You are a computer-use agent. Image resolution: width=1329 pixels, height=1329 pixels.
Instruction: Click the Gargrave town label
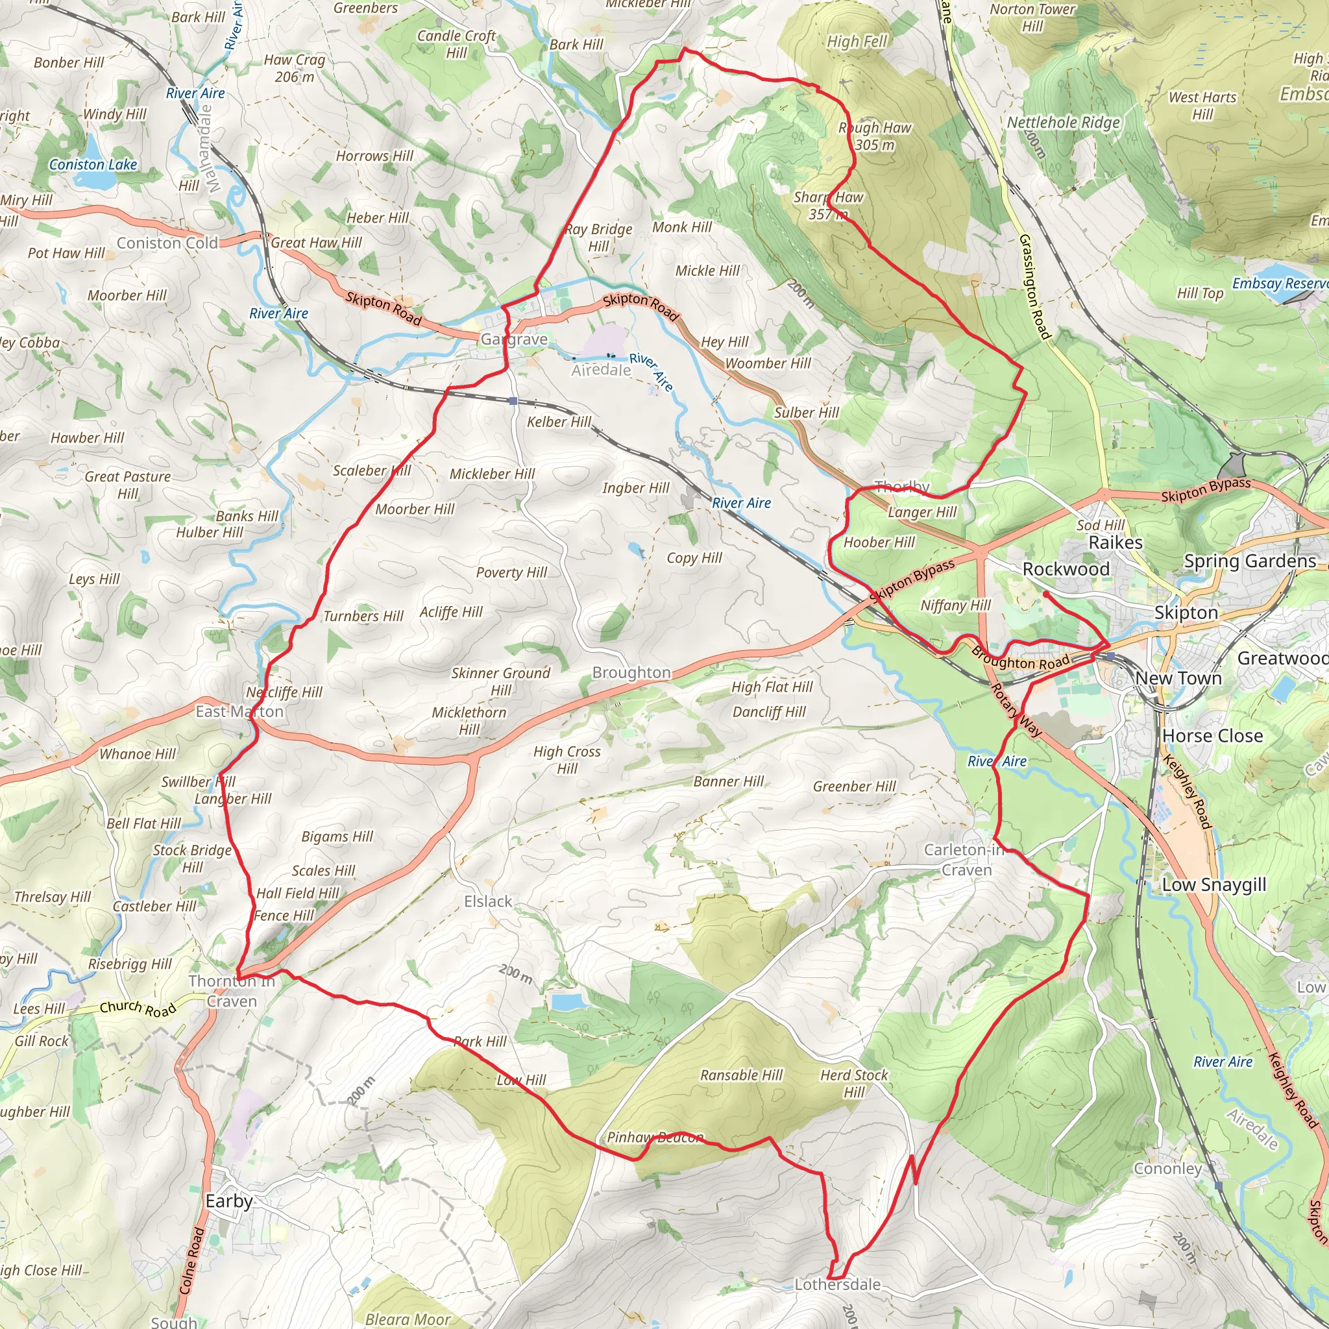pos(514,339)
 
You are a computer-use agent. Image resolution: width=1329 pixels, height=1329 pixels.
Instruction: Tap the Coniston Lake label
pos(93,164)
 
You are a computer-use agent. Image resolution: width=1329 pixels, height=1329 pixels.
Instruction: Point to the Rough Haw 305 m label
pos(874,136)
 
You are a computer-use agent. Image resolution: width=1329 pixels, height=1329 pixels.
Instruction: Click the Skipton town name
pos(1186,612)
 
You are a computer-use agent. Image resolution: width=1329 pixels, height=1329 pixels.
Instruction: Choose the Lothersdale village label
pos(837,1284)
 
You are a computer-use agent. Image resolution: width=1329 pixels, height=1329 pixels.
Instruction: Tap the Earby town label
pos(229,1201)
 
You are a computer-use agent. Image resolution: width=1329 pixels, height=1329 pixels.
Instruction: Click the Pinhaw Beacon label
pos(655,1137)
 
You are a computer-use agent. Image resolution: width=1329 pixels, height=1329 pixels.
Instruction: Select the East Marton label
pos(239,711)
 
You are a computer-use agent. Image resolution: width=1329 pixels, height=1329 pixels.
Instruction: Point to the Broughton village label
pos(631,672)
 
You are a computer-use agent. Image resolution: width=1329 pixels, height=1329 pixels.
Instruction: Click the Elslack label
pos(488,901)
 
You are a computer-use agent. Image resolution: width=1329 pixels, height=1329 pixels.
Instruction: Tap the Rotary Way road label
pos(1016,711)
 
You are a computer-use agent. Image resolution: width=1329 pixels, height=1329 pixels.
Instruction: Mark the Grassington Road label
pos(1034,287)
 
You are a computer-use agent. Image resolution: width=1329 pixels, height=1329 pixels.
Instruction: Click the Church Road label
pos(138,1008)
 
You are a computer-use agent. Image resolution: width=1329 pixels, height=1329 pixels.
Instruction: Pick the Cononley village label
pos(1167,1168)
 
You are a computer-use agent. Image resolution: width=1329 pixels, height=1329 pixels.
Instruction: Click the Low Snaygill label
pos(1214,884)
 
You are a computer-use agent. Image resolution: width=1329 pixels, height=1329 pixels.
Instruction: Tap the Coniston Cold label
pos(167,243)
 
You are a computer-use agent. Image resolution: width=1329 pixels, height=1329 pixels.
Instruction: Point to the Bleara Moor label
pos(408,1319)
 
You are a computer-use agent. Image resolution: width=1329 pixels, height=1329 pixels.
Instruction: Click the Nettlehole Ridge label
pos(1064,123)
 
